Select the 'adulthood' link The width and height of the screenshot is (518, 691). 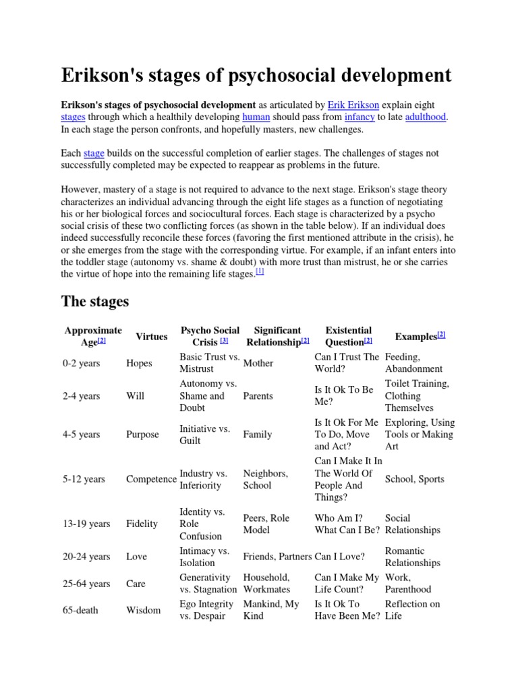(426, 117)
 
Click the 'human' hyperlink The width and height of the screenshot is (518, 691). (256, 117)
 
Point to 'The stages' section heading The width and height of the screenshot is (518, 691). (94, 301)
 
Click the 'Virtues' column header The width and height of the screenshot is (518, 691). (152, 336)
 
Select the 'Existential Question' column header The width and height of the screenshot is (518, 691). (348, 336)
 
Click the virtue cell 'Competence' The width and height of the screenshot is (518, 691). (151, 479)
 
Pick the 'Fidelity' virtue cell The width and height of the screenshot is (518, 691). (142, 524)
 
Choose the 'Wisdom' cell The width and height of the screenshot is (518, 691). (143, 610)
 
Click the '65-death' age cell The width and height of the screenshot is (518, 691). (80, 610)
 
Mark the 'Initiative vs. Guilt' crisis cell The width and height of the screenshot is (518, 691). (204, 435)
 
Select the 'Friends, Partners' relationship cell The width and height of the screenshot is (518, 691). (277, 557)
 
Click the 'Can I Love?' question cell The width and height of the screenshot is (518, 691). (340, 557)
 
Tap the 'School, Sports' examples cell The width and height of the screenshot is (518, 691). (414, 479)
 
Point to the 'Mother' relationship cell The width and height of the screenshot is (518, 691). (258, 363)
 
